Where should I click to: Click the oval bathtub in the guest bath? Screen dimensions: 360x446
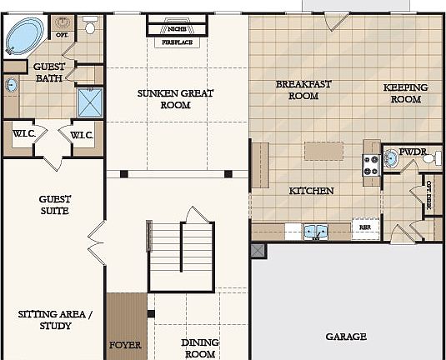28,36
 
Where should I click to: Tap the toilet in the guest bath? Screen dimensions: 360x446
90,25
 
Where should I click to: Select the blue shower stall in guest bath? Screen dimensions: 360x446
89,102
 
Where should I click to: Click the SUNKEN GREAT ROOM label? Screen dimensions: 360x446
175,99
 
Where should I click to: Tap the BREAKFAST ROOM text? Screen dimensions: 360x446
298,89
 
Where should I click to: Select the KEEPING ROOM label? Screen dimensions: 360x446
405,92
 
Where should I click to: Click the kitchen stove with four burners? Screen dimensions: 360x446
369,166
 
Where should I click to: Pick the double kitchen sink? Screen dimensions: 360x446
316,231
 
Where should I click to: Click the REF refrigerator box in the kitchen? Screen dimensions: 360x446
364,227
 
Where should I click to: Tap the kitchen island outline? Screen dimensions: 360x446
323,151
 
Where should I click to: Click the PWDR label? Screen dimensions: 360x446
413,152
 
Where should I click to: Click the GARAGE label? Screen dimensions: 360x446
345,337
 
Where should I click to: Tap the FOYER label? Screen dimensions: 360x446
126,344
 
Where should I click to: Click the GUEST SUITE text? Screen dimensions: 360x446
54,205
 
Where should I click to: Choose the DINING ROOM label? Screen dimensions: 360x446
199,347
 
